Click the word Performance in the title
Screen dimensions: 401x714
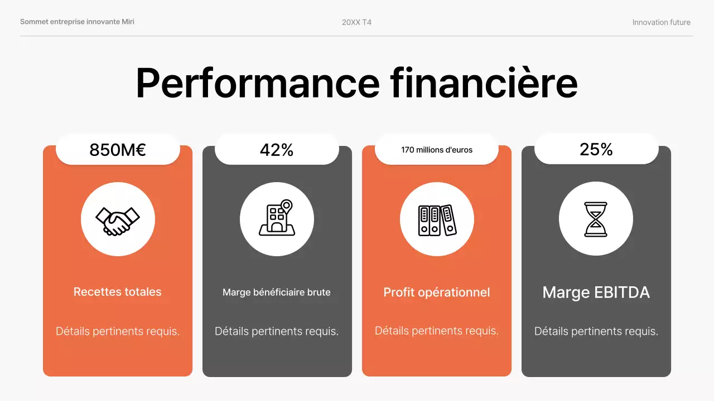click(257, 84)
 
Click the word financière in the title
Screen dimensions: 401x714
click(484, 84)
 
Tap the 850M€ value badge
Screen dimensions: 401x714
click(118, 150)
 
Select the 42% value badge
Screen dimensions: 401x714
click(277, 150)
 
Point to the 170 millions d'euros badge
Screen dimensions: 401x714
click(437, 150)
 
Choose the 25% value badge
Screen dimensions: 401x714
click(596, 149)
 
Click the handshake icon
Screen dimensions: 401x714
click(118, 220)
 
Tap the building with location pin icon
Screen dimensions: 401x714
click(277, 219)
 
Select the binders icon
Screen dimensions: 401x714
click(437, 220)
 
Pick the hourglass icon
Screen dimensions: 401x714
click(596, 219)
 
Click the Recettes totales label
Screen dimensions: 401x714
click(118, 292)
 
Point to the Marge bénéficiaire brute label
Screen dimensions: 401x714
click(277, 292)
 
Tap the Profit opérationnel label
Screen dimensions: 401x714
click(437, 292)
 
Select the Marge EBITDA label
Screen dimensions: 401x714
click(596, 292)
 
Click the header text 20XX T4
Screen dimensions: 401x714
click(356, 22)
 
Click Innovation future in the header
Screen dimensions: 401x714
click(661, 22)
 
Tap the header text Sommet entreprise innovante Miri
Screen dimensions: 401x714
click(77, 22)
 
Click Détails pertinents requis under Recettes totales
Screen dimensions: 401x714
click(118, 331)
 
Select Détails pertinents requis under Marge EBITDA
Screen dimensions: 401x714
click(596, 331)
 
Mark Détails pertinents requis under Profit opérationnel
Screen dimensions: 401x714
click(437, 331)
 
